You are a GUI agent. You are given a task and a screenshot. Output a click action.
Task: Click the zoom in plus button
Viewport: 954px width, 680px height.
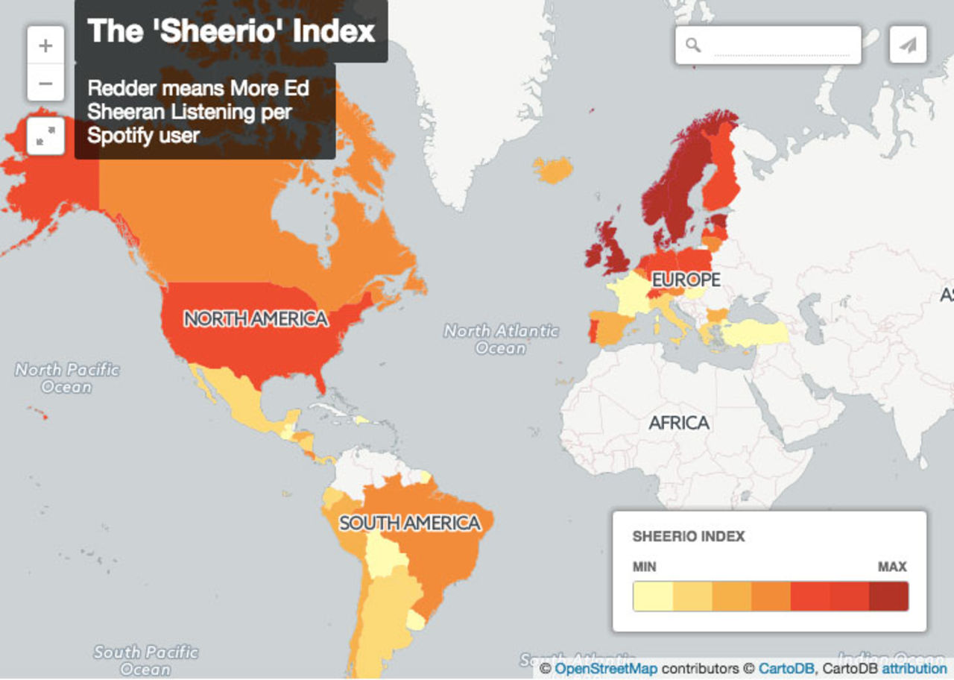pos(45,45)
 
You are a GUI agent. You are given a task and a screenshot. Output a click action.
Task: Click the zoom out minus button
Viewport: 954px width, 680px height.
pos(45,83)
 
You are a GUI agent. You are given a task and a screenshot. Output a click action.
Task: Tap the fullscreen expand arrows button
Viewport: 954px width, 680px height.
pos(45,136)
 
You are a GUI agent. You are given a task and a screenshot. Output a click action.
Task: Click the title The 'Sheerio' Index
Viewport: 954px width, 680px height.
pos(231,31)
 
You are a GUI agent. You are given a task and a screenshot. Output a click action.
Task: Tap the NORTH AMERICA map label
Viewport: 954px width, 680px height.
pos(256,319)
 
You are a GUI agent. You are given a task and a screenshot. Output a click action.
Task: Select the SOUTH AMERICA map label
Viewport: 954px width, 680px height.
pos(410,523)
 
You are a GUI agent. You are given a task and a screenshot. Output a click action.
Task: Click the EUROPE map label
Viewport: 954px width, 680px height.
pos(686,280)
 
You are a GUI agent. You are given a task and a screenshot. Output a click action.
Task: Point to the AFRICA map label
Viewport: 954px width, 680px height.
pos(678,423)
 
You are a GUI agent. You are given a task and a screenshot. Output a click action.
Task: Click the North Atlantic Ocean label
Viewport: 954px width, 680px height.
pos(501,339)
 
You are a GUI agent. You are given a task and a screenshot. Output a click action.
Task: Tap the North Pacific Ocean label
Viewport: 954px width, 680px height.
pos(67,378)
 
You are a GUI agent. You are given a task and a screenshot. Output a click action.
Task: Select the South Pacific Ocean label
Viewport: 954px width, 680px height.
pos(145,661)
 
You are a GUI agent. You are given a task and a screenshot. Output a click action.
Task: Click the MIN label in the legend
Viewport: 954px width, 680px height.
pos(645,567)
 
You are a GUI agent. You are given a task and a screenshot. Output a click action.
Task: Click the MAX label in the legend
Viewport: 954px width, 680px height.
pos(892,567)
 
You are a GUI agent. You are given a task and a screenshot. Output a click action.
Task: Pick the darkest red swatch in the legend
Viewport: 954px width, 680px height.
pos(888,596)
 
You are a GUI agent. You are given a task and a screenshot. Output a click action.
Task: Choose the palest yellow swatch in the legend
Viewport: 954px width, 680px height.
pos(653,596)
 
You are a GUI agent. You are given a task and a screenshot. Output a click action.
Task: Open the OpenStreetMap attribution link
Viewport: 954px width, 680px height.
pos(606,669)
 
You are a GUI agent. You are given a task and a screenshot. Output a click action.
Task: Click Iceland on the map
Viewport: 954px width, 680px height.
pos(553,170)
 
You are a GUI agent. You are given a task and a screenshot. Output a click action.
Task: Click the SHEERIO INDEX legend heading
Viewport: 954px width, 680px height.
pos(689,537)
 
